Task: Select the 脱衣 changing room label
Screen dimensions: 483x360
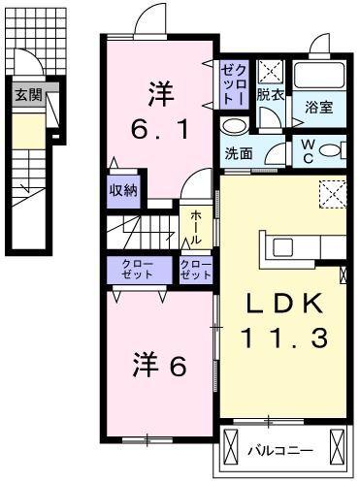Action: click(x=270, y=95)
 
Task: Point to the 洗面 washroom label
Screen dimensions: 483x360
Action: click(x=239, y=154)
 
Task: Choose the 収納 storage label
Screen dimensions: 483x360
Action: click(x=123, y=189)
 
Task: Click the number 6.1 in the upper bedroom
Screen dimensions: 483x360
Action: click(x=162, y=127)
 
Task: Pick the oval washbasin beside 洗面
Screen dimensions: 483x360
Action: click(x=234, y=126)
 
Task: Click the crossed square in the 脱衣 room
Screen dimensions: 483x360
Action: click(x=271, y=70)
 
